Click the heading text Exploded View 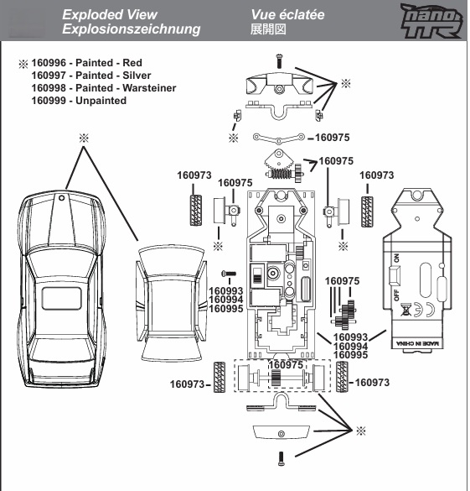click(x=110, y=13)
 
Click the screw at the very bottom click(x=279, y=458)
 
